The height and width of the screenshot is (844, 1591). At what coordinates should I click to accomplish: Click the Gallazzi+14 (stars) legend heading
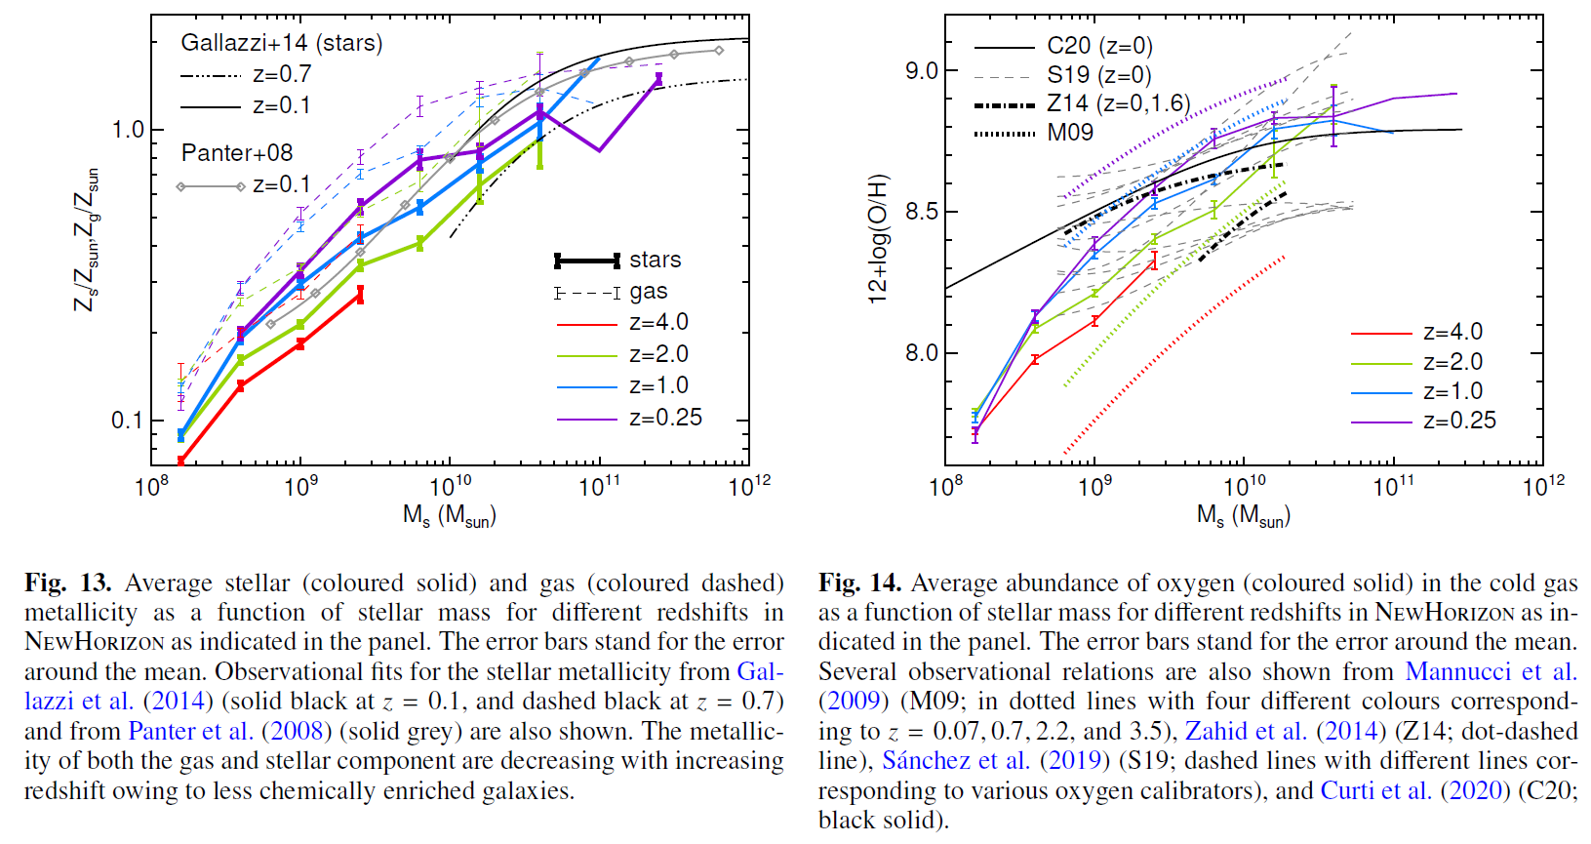click(281, 43)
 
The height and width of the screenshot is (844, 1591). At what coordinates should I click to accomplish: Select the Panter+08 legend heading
click(237, 153)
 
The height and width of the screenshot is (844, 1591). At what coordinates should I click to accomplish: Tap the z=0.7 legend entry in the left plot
click(282, 74)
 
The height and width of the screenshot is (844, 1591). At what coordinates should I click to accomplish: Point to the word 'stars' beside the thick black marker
click(656, 260)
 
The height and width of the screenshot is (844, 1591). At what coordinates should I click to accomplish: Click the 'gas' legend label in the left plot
click(649, 292)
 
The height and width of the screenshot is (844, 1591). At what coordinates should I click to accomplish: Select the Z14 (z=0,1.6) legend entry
click(1118, 103)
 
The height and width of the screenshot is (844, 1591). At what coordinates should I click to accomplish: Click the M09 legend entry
click(1070, 133)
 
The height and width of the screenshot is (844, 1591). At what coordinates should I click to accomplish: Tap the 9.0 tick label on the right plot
click(922, 70)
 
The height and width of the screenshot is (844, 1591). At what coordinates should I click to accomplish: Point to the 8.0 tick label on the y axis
click(922, 353)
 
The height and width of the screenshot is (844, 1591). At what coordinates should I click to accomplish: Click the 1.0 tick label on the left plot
click(128, 130)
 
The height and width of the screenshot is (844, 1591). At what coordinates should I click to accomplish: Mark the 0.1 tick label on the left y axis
click(128, 421)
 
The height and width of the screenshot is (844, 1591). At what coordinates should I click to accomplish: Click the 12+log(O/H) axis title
click(879, 239)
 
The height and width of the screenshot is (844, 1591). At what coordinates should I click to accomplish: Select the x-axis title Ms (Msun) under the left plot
click(450, 515)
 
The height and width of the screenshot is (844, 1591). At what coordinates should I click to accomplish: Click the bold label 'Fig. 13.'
click(68, 583)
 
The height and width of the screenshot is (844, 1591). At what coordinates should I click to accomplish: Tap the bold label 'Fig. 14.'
click(860, 583)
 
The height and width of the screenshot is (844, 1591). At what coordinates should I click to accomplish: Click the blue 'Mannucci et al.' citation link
click(1491, 672)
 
